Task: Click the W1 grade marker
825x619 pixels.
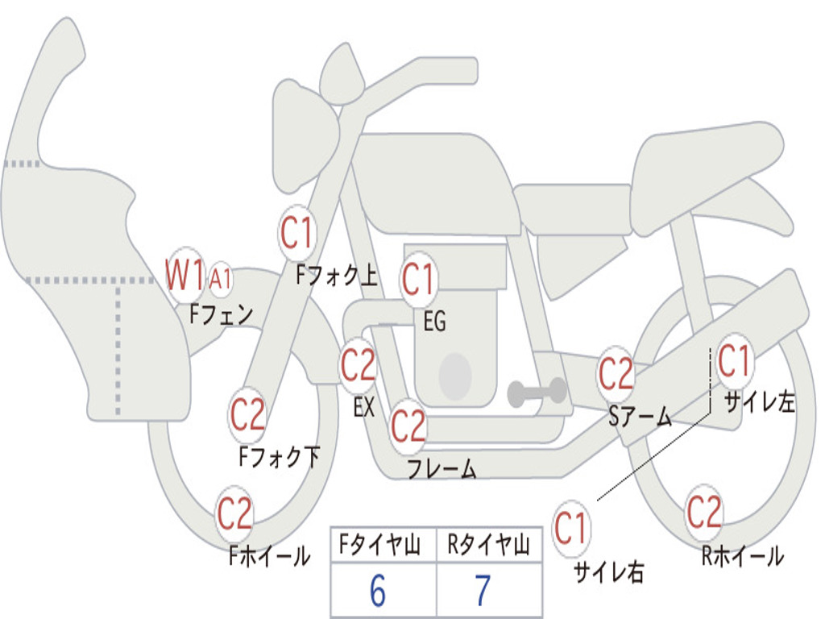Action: tap(185, 275)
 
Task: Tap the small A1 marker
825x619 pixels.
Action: tap(221, 278)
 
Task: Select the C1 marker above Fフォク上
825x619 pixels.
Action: tap(296, 233)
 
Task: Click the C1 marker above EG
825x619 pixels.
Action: tap(418, 279)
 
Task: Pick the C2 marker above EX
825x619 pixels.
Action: tap(358, 365)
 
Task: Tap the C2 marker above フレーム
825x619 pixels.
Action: tap(408, 426)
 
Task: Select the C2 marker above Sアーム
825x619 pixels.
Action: tap(615, 373)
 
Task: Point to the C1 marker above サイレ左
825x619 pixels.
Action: tap(734, 362)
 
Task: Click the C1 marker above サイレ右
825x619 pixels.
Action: tap(570, 528)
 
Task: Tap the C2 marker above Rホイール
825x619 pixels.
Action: tap(704, 512)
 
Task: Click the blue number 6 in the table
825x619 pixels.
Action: tap(378, 591)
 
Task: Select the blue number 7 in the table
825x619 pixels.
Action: tap(483, 591)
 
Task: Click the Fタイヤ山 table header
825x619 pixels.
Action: tap(380, 545)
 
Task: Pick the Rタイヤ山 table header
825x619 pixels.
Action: tap(489, 545)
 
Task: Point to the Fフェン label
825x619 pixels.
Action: tap(221, 314)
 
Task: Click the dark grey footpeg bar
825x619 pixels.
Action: tap(537, 393)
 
